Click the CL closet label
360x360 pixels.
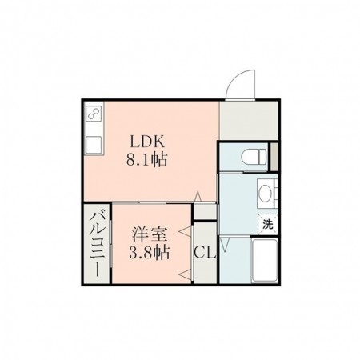pyautogui.click(x=205, y=254)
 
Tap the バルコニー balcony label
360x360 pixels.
pyautogui.click(x=96, y=242)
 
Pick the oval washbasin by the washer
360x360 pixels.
pyautogui.click(x=266, y=192)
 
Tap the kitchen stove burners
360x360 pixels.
pyautogui.click(x=93, y=114)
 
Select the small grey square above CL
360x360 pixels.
pyautogui.click(x=205, y=212)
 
